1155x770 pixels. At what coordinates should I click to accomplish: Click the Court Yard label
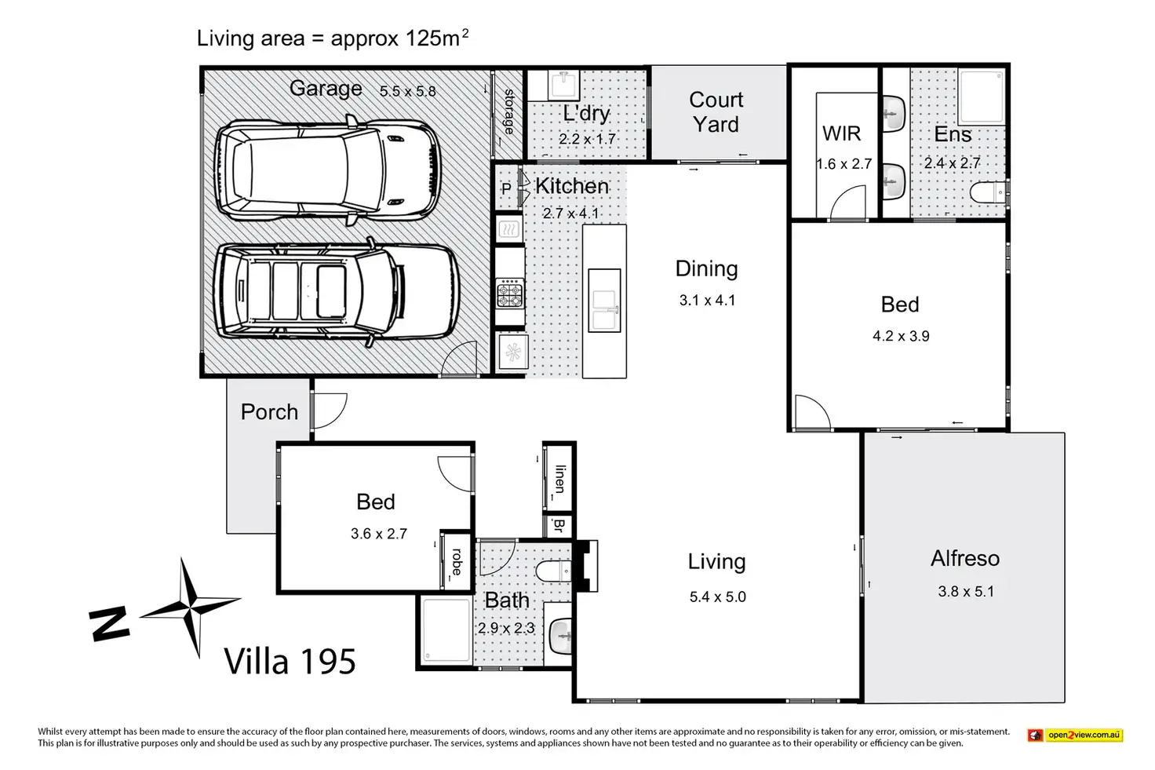716,112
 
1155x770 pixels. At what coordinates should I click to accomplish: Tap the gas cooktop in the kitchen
510,293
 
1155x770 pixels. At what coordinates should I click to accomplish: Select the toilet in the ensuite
988,193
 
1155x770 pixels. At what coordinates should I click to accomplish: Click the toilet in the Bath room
553,571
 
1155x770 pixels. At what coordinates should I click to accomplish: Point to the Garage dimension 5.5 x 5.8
408,91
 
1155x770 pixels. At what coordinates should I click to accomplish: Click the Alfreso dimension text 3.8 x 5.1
966,591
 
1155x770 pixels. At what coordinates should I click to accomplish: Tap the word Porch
269,411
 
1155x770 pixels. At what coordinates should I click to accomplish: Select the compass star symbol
190,607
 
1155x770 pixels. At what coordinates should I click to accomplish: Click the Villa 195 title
290,661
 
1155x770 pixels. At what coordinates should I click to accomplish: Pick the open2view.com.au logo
1074,735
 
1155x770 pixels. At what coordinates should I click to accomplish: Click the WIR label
841,133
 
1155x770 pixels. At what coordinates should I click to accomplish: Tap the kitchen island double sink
604,301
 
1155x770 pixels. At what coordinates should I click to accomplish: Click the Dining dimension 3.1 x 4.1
707,300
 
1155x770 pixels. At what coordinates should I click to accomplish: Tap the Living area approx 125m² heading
333,38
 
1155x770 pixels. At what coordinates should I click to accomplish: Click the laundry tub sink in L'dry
563,85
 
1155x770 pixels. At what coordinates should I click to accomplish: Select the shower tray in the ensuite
982,97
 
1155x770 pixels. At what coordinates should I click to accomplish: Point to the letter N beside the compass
109,624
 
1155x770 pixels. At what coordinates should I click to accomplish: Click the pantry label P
506,188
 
